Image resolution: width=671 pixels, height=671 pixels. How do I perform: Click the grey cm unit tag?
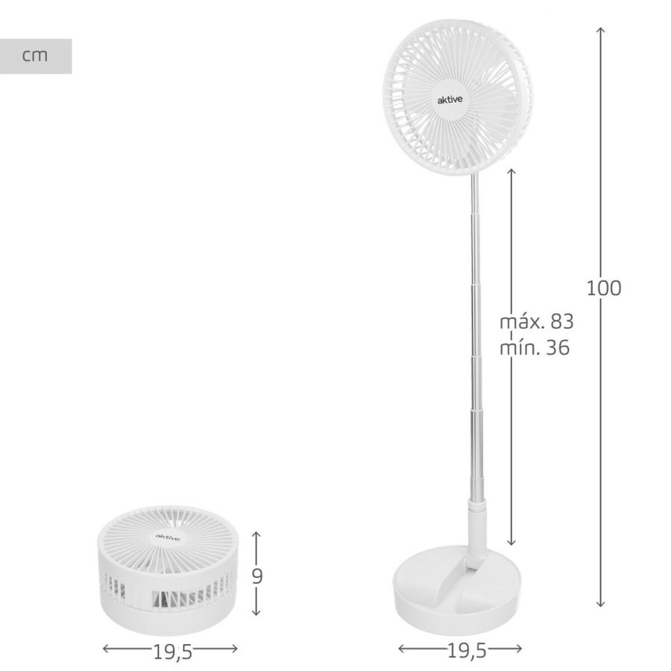[x=35, y=56]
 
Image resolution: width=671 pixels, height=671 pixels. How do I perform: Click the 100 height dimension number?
[x=603, y=289]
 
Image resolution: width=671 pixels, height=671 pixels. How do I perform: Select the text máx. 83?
[x=536, y=322]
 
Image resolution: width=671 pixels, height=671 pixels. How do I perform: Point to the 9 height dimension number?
[x=256, y=576]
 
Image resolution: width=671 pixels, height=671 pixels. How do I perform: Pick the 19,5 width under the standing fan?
[x=466, y=651]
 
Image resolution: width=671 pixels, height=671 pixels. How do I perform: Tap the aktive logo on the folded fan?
[x=167, y=536]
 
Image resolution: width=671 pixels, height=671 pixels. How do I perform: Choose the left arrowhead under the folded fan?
[x=105, y=649]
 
